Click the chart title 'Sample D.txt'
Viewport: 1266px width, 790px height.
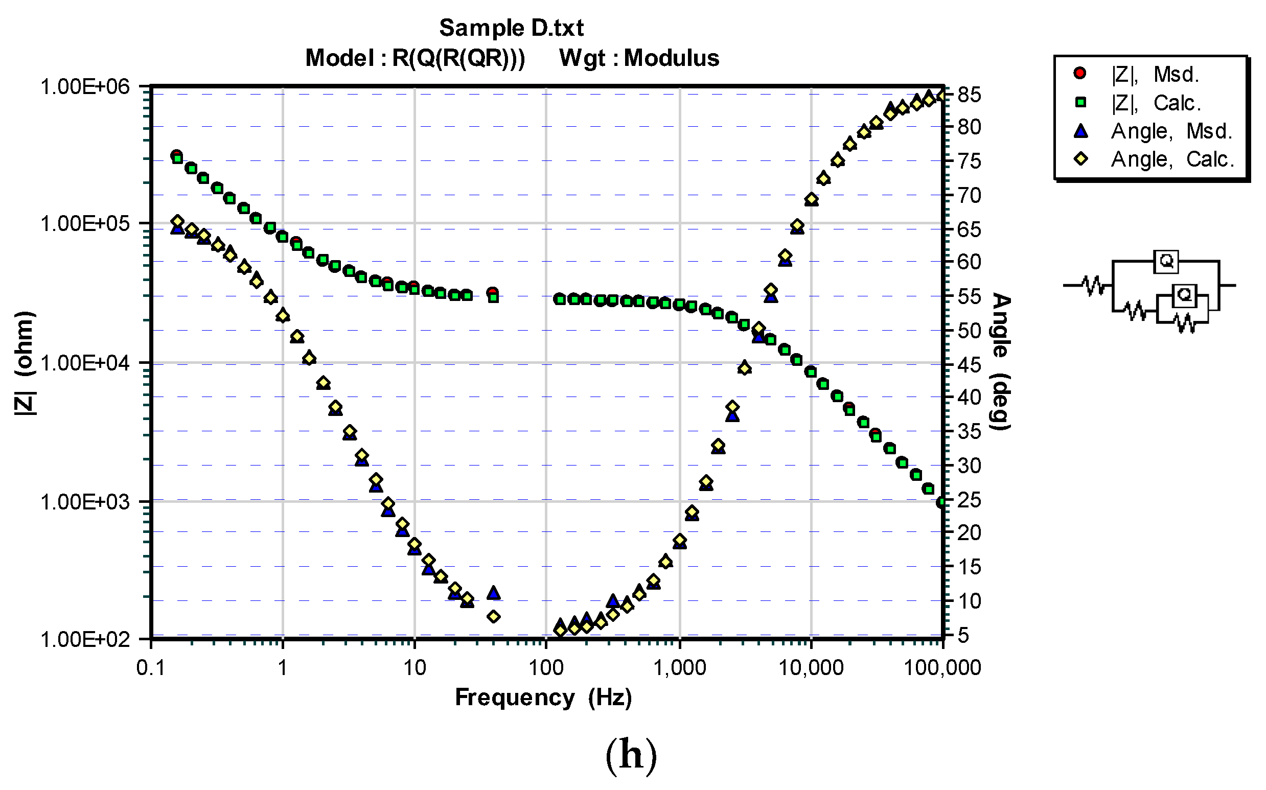pos(511,28)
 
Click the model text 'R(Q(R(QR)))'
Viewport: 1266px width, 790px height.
pos(458,58)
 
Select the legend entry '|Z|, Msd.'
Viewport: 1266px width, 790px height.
pos(1154,74)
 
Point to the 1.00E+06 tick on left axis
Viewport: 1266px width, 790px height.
pos(85,87)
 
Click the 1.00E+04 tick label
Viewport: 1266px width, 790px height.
pos(85,363)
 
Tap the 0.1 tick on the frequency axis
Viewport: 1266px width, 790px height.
pos(151,668)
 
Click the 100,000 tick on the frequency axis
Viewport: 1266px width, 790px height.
pos(942,668)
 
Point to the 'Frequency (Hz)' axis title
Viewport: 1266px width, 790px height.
pos(543,698)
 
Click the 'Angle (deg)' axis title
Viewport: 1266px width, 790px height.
pos(1001,361)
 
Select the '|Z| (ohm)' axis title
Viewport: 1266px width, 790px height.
pos(25,363)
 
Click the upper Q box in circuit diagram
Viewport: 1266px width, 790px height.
pos(1166,261)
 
